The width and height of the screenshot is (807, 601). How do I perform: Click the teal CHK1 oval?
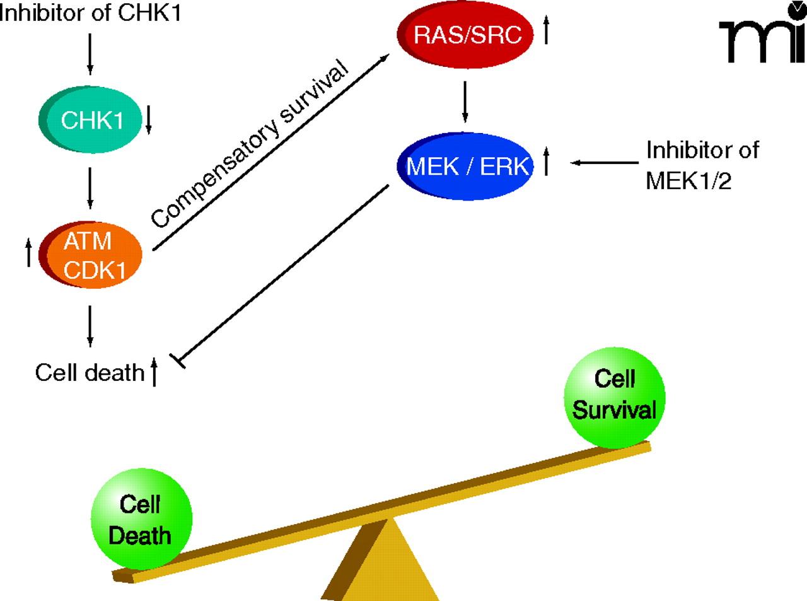pyautogui.click(x=91, y=120)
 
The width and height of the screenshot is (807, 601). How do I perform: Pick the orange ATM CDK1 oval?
pyautogui.click(x=91, y=255)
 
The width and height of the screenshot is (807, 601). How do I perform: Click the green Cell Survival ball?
pyautogui.click(x=615, y=396)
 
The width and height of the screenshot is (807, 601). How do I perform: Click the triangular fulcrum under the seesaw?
pyautogui.click(x=372, y=564)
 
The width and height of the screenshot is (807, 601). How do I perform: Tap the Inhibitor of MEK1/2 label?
pyautogui.click(x=702, y=165)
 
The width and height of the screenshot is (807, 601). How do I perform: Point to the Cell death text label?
pyautogui.click(x=90, y=373)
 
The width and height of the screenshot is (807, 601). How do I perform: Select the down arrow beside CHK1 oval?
pyautogui.click(x=149, y=120)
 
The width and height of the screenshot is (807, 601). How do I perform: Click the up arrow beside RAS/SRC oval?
pyautogui.click(x=546, y=30)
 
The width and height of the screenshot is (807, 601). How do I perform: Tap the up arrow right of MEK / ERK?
pyautogui.click(x=546, y=161)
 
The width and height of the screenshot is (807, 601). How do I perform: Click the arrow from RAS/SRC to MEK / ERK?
pyautogui.click(x=465, y=101)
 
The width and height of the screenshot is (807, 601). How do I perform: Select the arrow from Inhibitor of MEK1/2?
pyautogui.click(x=604, y=163)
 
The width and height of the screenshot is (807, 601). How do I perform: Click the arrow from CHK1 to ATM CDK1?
pyautogui.click(x=90, y=187)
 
